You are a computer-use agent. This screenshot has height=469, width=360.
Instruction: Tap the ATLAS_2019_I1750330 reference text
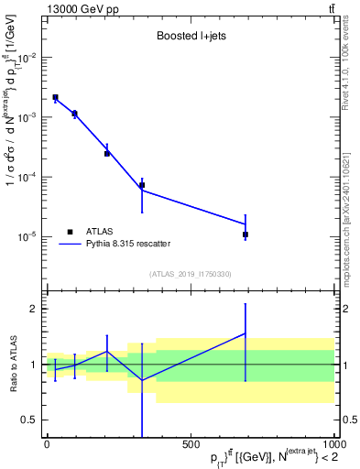tap(189, 274)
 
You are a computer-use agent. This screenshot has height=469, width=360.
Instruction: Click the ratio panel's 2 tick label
tap(33, 309)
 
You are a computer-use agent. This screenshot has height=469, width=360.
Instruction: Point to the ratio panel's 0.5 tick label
tap(29, 420)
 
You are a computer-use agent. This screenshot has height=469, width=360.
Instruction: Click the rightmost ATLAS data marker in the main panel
tap(245, 235)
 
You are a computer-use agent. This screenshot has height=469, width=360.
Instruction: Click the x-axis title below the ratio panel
tap(263, 457)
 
